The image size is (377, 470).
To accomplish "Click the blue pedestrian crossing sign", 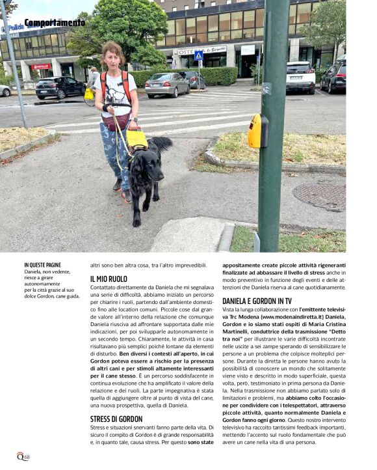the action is click(199, 56).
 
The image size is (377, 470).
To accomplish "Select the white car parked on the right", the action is click(300, 76).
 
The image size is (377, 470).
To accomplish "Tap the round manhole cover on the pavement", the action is click(319, 195).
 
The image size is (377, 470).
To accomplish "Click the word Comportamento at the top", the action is click(55, 23).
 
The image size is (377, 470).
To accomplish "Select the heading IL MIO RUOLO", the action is click(109, 279).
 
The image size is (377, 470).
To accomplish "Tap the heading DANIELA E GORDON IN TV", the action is click(257, 301).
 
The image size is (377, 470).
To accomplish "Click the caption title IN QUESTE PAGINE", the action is click(43, 265).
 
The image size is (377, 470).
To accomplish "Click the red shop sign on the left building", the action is click(40, 66).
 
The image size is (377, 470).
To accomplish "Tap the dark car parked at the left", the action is click(60, 87).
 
